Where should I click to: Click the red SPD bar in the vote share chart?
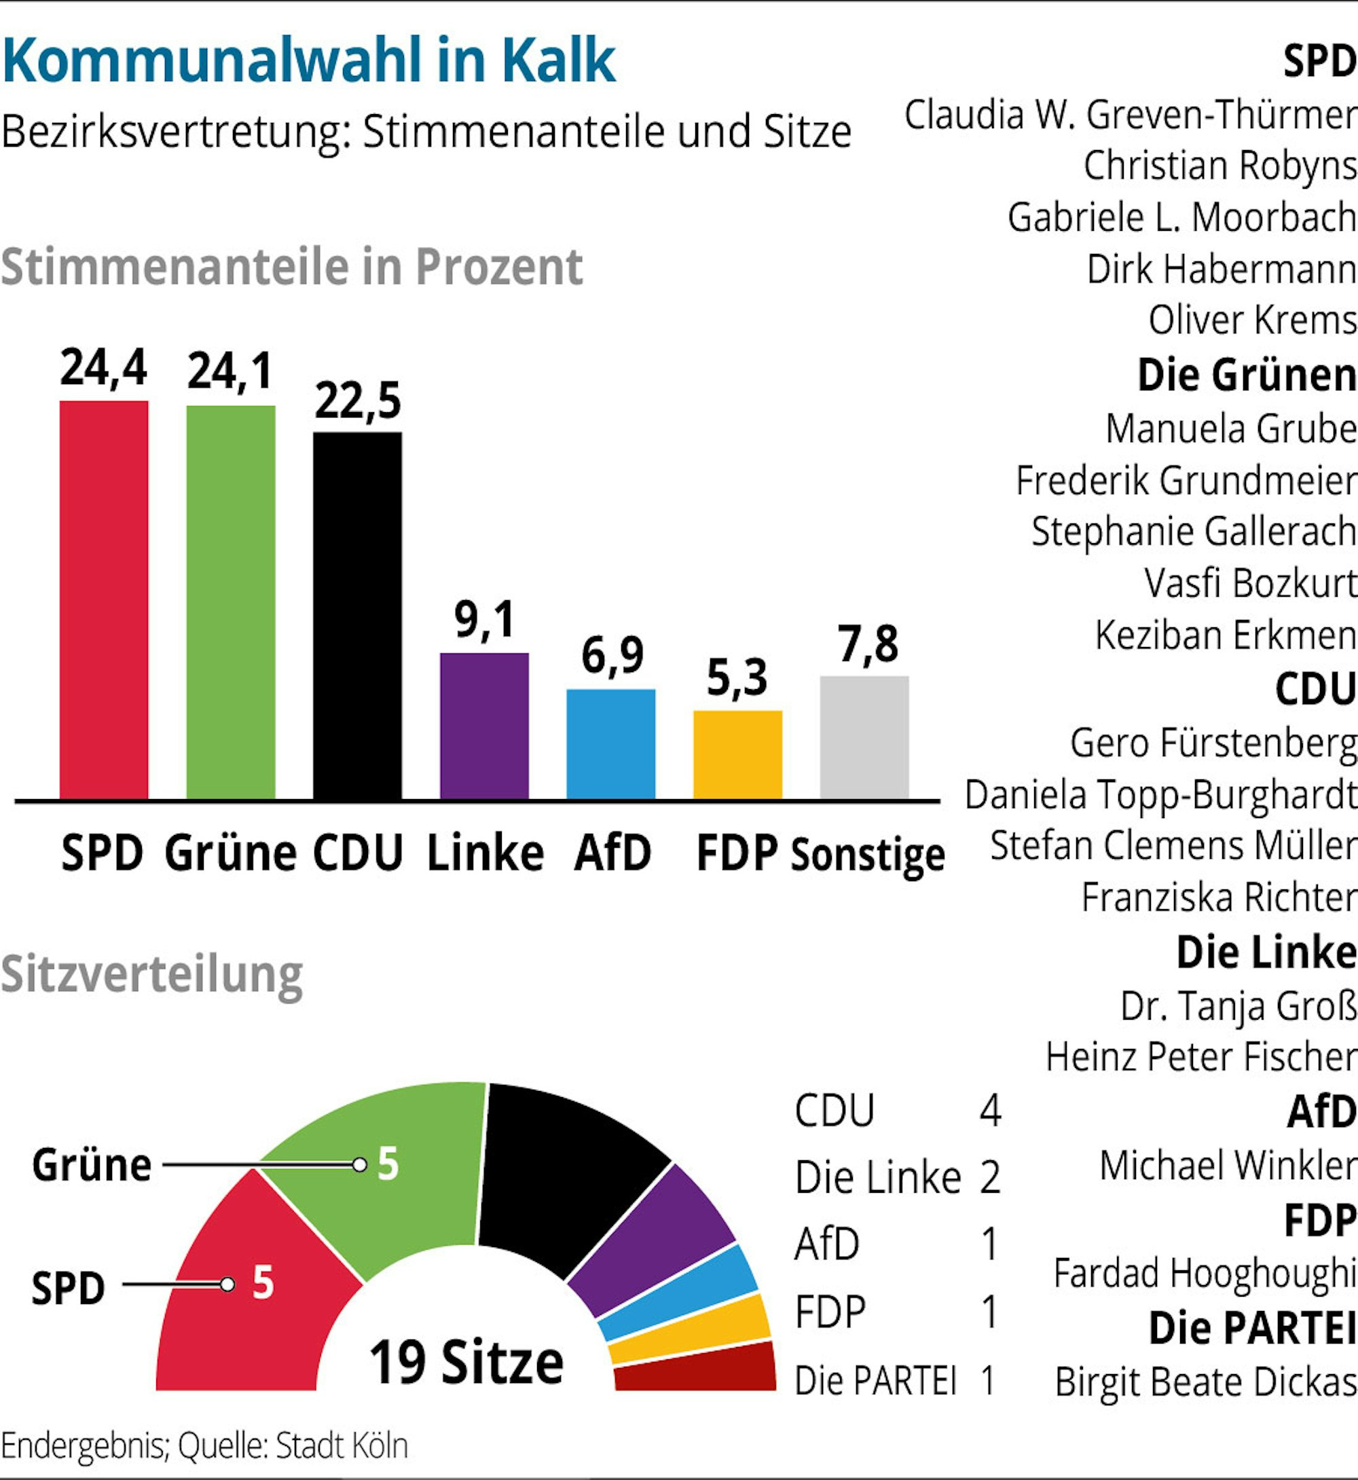(104, 599)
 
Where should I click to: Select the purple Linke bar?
(483, 725)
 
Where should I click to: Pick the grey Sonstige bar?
(864, 737)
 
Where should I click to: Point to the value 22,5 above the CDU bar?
(358, 401)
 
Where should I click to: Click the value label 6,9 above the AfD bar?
(611, 656)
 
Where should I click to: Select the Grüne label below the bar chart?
(230, 854)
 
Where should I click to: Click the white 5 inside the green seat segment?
(388, 1164)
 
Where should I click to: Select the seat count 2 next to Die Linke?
(989, 1177)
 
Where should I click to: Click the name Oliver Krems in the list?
(1252, 320)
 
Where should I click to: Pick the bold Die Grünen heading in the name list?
(1246, 375)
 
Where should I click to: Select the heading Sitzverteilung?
(152, 974)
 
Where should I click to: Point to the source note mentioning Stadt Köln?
(204, 1445)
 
